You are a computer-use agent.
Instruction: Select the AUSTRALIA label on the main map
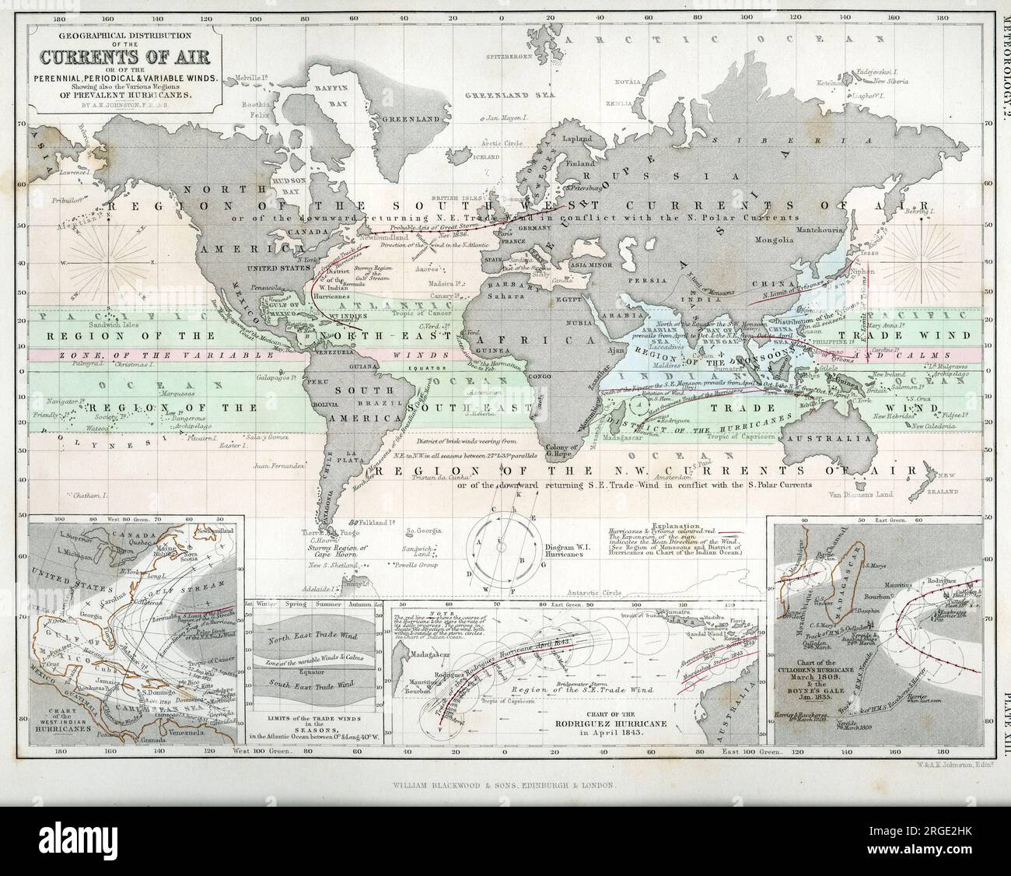coord(842,439)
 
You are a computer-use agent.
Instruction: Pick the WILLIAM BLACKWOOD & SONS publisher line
coord(503,787)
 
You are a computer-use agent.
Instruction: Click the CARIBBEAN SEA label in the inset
coord(163,714)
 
